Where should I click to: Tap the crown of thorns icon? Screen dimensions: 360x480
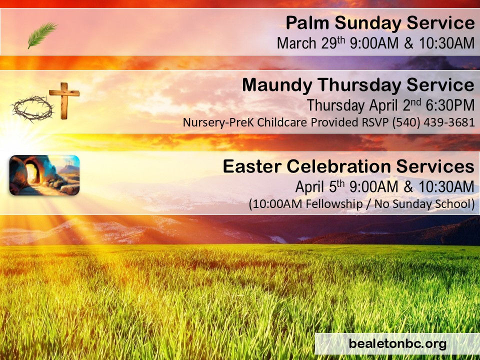pyautogui.click(x=32, y=108)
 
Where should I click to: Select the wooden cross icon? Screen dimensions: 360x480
pyautogui.click(x=64, y=100)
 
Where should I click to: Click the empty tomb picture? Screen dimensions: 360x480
pyautogui.click(x=44, y=175)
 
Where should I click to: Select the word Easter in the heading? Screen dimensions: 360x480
pyautogui.click(x=250, y=166)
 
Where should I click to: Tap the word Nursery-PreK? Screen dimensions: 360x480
pyautogui.click(x=212, y=123)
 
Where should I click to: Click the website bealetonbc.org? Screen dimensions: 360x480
pyautogui.click(x=397, y=344)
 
